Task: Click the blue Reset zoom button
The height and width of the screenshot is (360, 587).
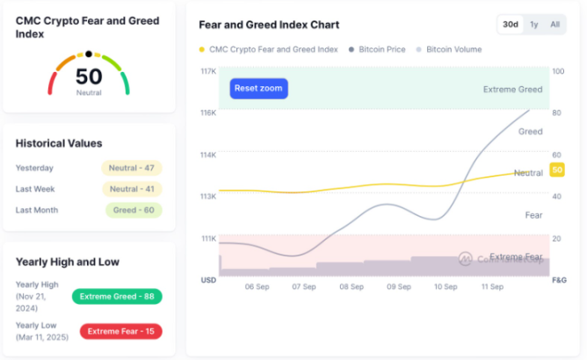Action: pyautogui.click(x=259, y=88)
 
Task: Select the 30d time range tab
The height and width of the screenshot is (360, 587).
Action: pyautogui.click(x=510, y=25)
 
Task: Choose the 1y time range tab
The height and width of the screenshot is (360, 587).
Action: pyautogui.click(x=534, y=25)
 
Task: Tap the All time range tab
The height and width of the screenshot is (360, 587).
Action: pyautogui.click(x=554, y=25)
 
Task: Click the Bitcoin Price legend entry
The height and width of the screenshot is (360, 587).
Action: pyautogui.click(x=376, y=50)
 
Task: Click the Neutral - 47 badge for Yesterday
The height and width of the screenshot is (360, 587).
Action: pyautogui.click(x=132, y=168)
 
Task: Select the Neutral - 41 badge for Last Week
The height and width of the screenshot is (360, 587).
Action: pyautogui.click(x=132, y=189)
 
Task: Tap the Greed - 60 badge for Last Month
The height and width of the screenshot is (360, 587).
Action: pyautogui.click(x=134, y=210)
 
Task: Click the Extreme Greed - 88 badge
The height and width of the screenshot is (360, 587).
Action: pyautogui.click(x=117, y=296)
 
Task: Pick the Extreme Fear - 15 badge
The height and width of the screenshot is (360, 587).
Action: pyautogui.click(x=120, y=331)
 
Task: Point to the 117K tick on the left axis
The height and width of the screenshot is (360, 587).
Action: pyautogui.click(x=208, y=71)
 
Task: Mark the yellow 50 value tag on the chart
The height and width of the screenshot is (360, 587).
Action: pyautogui.click(x=556, y=169)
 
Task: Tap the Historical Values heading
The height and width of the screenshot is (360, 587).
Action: pyautogui.click(x=59, y=143)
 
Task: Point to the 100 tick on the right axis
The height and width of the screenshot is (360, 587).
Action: pyautogui.click(x=558, y=71)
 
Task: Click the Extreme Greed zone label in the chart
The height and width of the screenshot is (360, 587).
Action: pyautogui.click(x=512, y=89)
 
